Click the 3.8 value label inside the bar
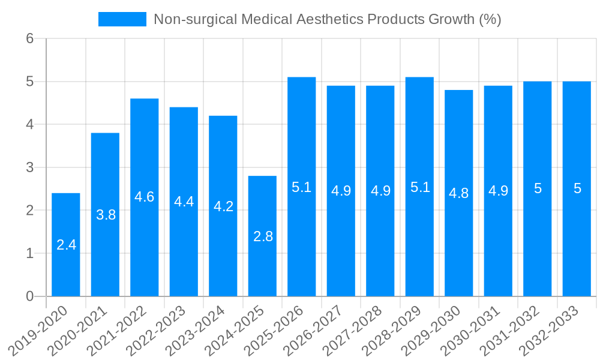point(106,215)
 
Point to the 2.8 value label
point(263,236)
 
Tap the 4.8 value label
point(459,193)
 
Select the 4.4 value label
point(184,202)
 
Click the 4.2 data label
point(223,206)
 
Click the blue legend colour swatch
point(122,19)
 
